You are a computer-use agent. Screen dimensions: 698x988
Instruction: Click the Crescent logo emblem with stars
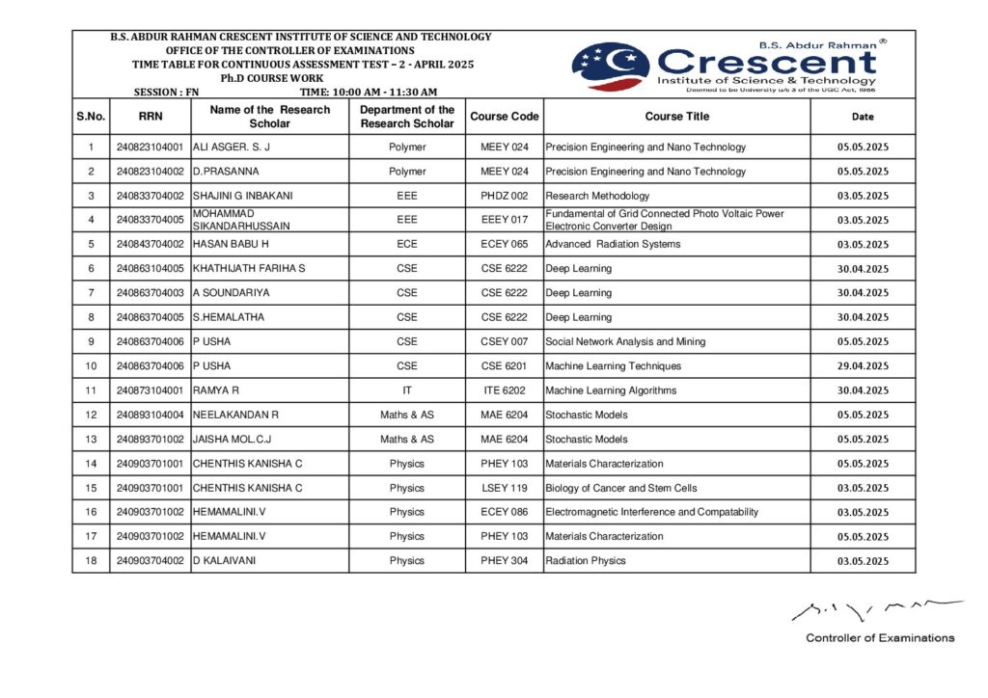click(x=610, y=66)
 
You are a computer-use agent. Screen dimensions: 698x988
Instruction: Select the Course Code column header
click(x=504, y=117)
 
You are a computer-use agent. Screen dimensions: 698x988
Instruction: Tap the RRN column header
click(x=150, y=117)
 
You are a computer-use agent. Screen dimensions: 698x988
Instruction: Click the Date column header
click(x=863, y=117)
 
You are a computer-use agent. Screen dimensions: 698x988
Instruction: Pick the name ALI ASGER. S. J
click(x=232, y=148)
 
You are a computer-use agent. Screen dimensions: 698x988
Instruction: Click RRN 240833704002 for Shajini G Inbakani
click(x=150, y=196)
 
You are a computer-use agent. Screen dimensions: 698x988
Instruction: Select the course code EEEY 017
click(x=504, y=220)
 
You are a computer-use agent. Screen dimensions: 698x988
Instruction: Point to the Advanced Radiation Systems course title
click(x=613, y=244)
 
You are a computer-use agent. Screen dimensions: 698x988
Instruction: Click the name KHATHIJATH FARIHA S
click(x=249, y=268)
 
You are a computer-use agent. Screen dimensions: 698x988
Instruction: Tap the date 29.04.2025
click(x=863, y=366)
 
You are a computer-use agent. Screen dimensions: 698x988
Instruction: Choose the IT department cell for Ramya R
click(x=407, y=390)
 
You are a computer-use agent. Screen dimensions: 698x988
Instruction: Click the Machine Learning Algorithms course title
click(x=611, y=390)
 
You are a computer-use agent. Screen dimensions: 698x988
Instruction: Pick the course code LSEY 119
click(x=504, y=488)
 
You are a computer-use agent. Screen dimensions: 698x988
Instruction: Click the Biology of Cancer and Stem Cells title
click(x=620, y=488)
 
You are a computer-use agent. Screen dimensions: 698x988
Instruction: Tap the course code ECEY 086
click(x=504, y=512)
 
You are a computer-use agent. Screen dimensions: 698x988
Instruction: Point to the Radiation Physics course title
click(x=586, y=560)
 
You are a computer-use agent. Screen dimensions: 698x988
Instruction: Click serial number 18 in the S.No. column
click(x=91, y=560)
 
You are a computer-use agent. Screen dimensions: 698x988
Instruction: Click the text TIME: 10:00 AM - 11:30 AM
click(x=368, y=92)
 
